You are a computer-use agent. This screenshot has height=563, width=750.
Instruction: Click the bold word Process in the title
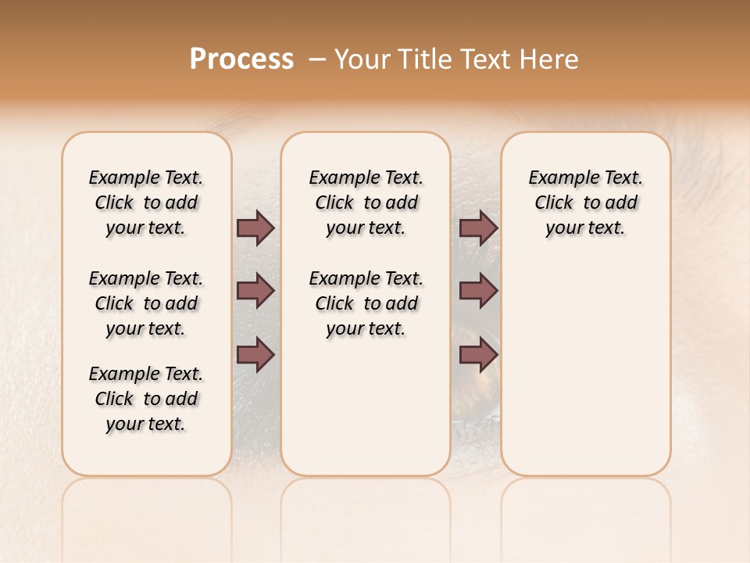click(x=241, y=59)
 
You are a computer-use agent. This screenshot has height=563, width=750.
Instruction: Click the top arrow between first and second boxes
click(x=255, y=228)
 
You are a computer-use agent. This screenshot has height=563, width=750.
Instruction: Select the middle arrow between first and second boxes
click(x=255, y=291)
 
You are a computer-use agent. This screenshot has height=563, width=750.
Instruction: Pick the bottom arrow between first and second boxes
click(x=255, y=355)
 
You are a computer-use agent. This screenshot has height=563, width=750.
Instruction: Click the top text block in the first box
click(x=146, y=203)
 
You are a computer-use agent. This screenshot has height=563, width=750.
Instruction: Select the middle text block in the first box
click(x=146, y=303)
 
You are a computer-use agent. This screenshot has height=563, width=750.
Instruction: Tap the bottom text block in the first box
click(x=146, y=399)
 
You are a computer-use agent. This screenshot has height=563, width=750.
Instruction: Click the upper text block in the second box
click(x=366, y=203)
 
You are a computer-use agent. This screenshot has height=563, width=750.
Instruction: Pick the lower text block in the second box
click(x=366, y=303)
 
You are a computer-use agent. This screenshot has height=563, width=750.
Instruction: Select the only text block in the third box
click(x=585, y=203)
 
